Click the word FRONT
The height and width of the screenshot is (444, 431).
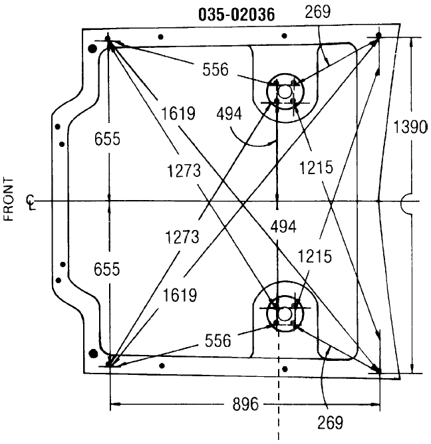click(x=9, y=199)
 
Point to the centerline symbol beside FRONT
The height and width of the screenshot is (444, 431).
click(x=31, y=201)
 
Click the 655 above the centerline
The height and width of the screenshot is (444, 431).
click(x=108, y=139)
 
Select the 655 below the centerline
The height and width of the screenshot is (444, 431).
click(x=108, y=269)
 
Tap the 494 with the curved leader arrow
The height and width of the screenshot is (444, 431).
click(x=229, y=114)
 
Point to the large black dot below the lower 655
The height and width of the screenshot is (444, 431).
click(x=93, y=353)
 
